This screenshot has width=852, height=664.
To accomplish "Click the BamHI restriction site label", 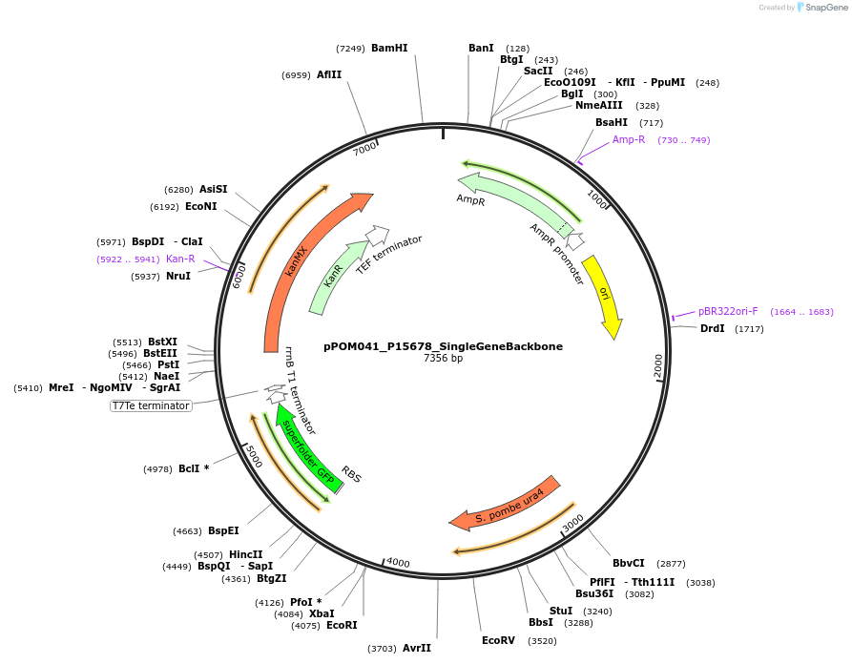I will (x=389, y=48).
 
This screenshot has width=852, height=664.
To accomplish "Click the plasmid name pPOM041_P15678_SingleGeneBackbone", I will (x=443, y=346).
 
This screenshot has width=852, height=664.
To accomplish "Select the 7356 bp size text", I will (x=443, y=359).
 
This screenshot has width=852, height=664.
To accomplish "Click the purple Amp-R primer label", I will (x=629, y=139).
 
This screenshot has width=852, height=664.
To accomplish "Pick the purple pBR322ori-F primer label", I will (x=728, y=311).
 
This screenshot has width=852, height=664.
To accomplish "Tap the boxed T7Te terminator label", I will (x=151, y=405).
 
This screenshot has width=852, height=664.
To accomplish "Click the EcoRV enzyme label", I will (x=498, y=640).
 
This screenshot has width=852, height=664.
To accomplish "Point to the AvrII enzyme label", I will (x=417, y=648).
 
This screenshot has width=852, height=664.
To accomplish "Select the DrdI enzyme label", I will (x=713, y=328).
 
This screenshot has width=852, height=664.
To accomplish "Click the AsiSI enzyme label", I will (x=214, y=189).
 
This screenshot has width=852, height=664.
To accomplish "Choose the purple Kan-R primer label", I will (x=180, y=259).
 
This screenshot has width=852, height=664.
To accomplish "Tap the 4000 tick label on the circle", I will (x=397, y=563).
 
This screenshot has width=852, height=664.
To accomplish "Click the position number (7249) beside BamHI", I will (x=350, y=49).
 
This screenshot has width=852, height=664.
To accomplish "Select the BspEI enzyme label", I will (x=223, y=530).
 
